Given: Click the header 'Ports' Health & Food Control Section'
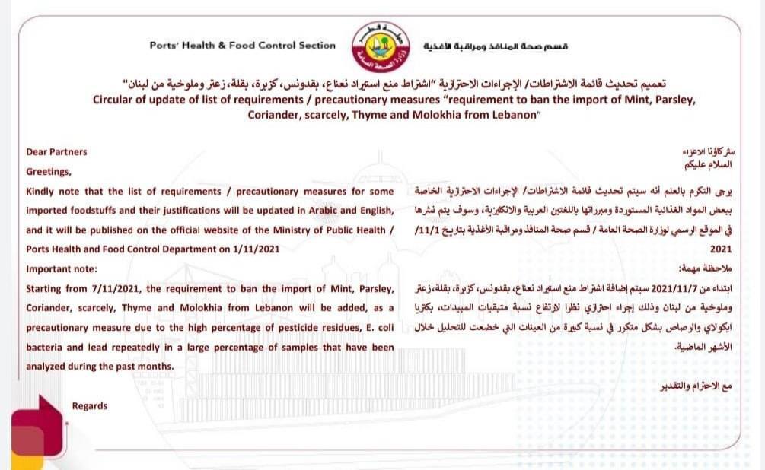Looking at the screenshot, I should [242, 45].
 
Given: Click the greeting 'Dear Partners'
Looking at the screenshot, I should [56, 151].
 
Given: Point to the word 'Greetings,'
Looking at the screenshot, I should [49, 171].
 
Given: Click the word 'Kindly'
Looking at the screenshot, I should [42, 190].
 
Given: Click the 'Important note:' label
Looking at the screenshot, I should [62, 268].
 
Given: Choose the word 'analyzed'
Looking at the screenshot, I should [48, 367].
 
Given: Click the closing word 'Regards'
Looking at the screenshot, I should [90, 405].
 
